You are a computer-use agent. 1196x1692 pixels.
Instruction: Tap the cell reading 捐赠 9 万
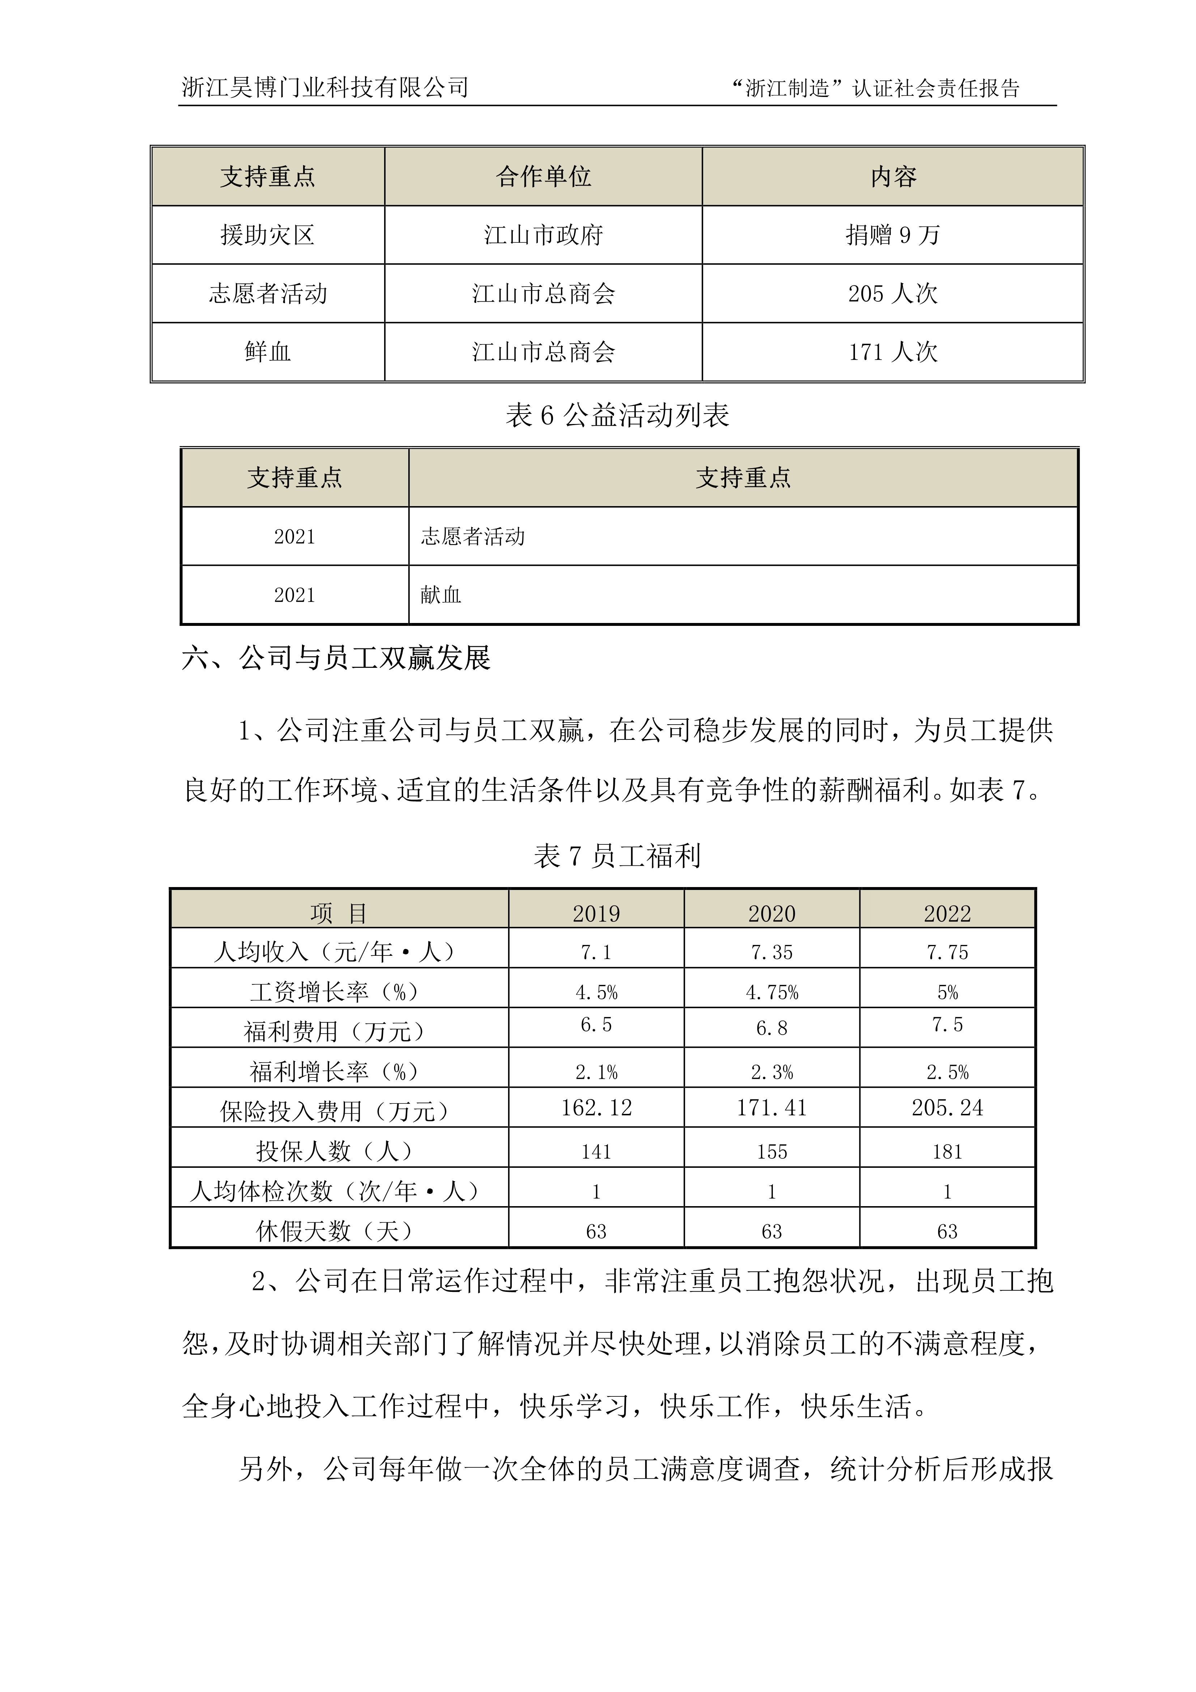pos(893,235)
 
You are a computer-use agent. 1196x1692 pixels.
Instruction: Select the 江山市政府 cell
pos(543,235)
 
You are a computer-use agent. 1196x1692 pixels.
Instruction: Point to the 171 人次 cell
pos(893,352)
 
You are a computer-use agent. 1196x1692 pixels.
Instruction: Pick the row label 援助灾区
pos(268,235)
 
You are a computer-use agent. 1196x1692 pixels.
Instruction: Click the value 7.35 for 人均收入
pos(771,953)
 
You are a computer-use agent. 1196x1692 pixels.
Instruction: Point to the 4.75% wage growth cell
pos(771,993)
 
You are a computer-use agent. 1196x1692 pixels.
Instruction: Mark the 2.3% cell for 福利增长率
pos(771,1072)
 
